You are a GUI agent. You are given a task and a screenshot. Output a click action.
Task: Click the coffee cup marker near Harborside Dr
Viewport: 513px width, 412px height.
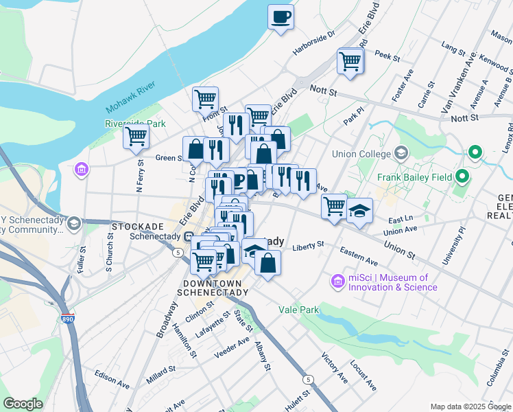[281, 16]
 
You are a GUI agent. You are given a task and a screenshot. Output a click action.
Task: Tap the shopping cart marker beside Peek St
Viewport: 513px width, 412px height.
[350, 61]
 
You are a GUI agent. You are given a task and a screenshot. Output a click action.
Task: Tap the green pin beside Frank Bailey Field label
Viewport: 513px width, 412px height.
[462, 177]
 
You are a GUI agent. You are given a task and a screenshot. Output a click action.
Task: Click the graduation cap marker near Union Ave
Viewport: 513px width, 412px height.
[358, 211]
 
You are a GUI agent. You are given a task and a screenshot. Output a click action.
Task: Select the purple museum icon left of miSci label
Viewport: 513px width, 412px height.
[337, 281]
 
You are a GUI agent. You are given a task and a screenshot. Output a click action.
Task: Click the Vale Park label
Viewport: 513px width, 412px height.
[298, 310]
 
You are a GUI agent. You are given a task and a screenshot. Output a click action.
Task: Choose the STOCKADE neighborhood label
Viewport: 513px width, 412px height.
[138, 227]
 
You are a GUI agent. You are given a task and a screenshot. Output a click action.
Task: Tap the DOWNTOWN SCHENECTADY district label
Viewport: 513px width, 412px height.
[213, 288]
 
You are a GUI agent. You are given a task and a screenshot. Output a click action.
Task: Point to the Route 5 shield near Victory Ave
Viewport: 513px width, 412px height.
[309, 379]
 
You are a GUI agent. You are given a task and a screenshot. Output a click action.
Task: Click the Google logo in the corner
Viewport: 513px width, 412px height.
[23, 404]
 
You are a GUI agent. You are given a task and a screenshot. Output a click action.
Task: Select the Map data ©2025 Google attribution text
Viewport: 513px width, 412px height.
[470, 407]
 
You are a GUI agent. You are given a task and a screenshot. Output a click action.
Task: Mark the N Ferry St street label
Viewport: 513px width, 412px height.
[139, 174]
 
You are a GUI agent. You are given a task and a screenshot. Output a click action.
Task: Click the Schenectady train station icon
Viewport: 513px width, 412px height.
[188, 237]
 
